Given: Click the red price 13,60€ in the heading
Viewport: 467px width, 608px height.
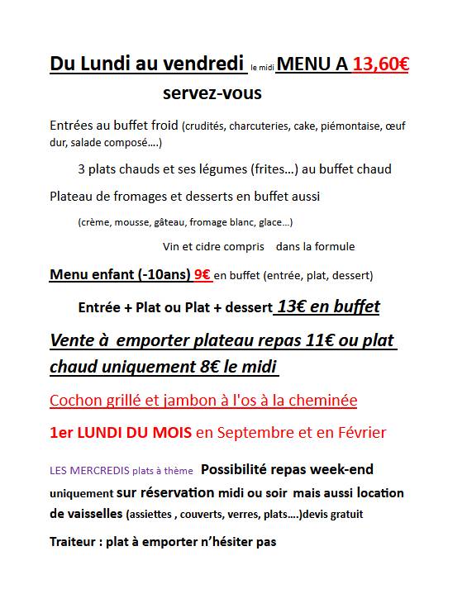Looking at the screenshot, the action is pos(380,64).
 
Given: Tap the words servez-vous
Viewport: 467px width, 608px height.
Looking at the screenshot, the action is pos(212,93).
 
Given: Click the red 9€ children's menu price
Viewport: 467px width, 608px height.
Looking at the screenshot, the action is pos(201,274).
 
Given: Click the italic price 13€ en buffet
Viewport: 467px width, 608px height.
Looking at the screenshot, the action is pos(328,307).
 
